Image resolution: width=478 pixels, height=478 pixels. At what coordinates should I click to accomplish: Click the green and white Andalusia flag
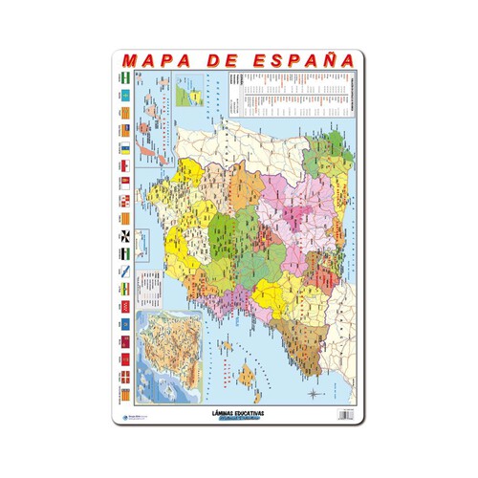point(126,76)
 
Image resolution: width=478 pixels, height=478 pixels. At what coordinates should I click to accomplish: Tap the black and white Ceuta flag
point(126,235)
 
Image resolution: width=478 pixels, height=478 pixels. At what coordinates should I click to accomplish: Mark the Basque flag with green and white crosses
point(126,373)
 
